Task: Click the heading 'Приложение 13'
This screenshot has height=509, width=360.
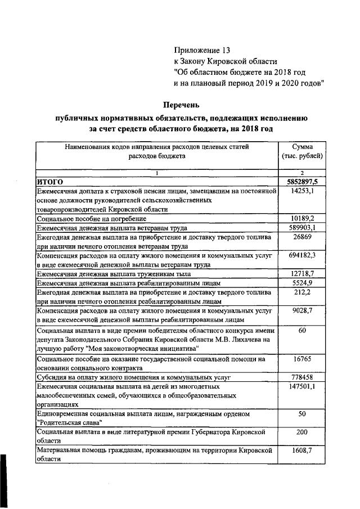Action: (202, 51)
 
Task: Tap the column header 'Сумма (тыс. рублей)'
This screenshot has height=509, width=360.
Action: (302, 151)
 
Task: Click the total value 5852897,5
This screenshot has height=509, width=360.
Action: (302, 182)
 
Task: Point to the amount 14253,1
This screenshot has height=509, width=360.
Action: (302, 191)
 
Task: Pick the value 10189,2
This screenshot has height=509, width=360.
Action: (302, 218)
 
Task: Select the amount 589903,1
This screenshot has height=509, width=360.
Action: (302, 228)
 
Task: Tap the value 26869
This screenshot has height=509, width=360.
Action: (302, 237)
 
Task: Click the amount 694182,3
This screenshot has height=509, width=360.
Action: (302, 255)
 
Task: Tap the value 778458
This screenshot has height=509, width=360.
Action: (302, 376)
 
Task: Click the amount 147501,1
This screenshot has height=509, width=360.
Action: (302, 386)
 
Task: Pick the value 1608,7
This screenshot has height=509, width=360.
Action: (302, 450)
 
